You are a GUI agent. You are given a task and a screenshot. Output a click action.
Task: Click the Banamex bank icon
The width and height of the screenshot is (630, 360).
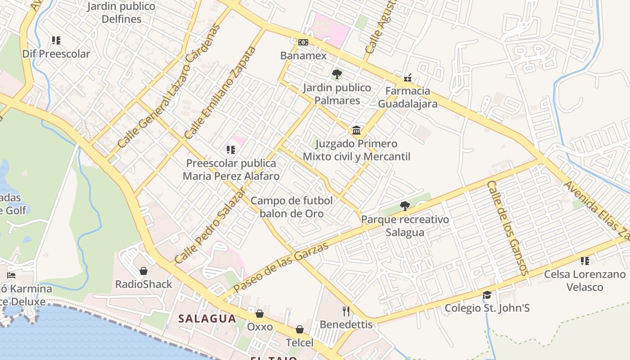(303, 42)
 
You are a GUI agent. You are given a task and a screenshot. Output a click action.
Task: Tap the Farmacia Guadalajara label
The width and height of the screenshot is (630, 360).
(408, 97)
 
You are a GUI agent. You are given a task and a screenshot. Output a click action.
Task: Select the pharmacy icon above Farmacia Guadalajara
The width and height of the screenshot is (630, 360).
(408, 78)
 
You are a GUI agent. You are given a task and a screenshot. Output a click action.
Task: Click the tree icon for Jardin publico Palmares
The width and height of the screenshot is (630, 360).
(337, 74)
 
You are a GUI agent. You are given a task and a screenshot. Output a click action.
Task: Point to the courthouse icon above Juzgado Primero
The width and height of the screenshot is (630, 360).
(356, 130)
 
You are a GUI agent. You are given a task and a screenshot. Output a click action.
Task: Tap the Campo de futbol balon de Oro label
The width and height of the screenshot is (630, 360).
(292, 207)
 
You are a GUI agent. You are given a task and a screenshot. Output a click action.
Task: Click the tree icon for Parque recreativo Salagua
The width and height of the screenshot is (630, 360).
(405, 206)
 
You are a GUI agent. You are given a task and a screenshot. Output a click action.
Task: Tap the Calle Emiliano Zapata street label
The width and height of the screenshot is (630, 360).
(220, 93)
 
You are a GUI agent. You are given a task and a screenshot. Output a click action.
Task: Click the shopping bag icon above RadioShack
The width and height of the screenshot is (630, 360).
(144, 270)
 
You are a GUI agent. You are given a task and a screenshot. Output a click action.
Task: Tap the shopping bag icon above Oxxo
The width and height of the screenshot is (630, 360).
(260, 313)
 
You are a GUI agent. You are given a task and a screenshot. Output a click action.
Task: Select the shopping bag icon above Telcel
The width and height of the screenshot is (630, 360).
(299, 329)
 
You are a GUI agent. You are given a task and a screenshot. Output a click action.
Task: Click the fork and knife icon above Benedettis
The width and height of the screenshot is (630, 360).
(346, 311)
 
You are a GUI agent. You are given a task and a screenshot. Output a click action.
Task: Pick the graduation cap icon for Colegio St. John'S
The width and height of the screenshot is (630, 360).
(487, 295)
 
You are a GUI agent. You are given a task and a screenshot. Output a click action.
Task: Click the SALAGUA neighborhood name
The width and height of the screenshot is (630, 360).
(207, 319)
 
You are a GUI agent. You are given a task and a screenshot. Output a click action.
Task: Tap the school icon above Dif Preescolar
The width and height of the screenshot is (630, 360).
(56, 40)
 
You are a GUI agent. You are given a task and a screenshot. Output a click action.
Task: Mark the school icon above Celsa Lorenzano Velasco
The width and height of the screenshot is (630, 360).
(585, 261)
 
